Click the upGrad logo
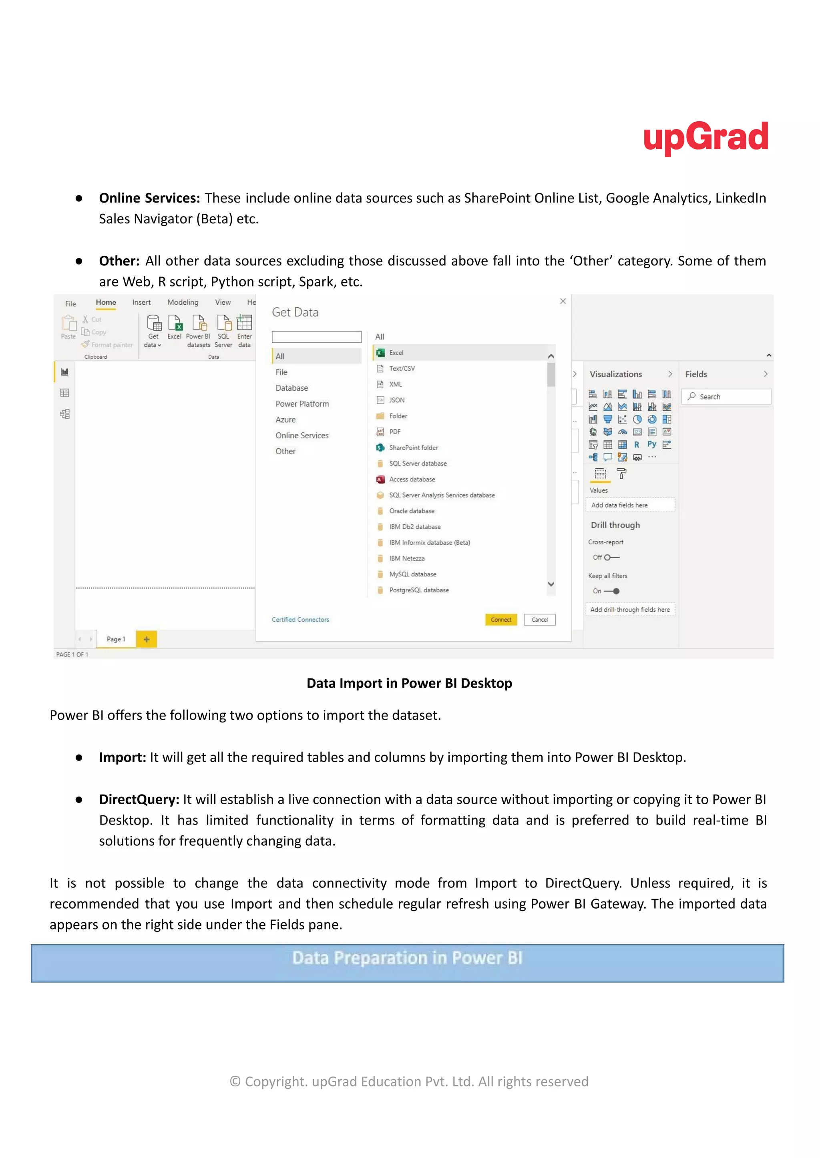pyautogui.click(x=705, y=137)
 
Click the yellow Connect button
pyautogui.click(x=500, y=619)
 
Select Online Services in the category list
pyautogui.click(x=301, y=435)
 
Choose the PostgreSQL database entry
pyautogui.click(x=418, y=590)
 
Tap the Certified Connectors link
pyautogui.click(x=300, y=619)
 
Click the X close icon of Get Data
pyautogui.click(x=563, y=301)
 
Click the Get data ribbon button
pyautogui.click(x=153, y=331)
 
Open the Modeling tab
pyautogui.click(x=183, y=302)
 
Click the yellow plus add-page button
pyautogui.click(x=147, y=639)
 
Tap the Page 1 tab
pyautogui.click(x=116, y=639)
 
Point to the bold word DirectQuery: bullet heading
pyautogui.click(x=139, y=799)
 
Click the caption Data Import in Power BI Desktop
pyautogui.click(x=409, y=683)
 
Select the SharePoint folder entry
pyautogui.click(x=413, y=447)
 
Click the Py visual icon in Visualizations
pyautogui.click(x=652, y=444)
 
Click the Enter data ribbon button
pyautogui.click(x=244, y=331)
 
